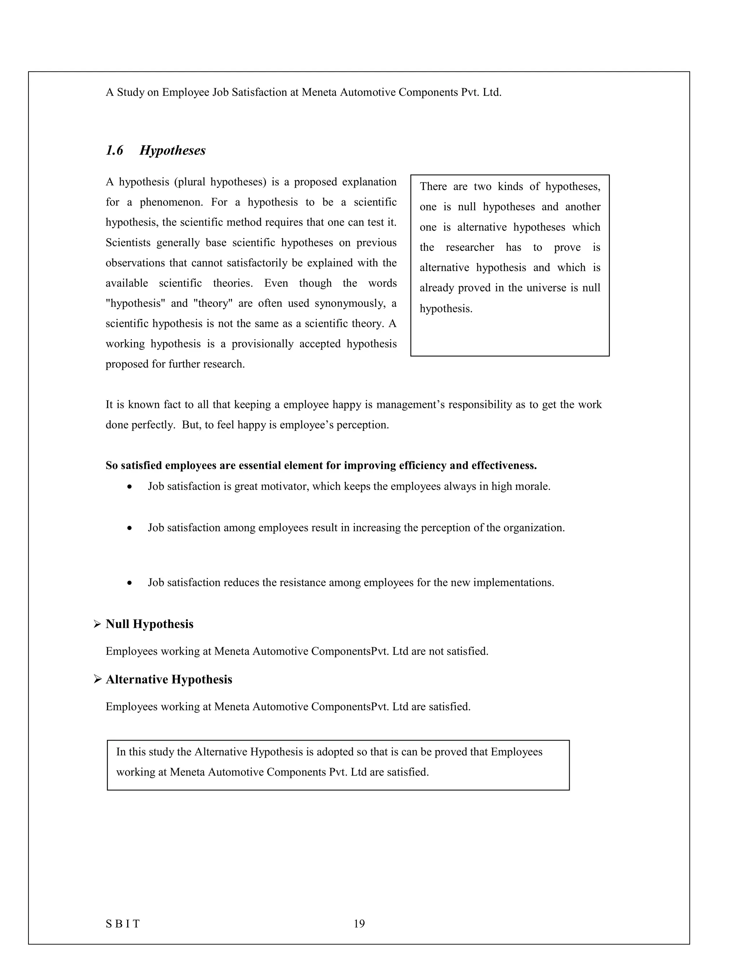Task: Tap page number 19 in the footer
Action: [359, 924]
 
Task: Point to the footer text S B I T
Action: [123, 924]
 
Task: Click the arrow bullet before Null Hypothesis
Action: [98, 625]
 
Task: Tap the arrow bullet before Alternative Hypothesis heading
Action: [98, 680]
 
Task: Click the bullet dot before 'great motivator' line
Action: [129, 487]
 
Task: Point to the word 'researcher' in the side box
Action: [470, 248]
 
